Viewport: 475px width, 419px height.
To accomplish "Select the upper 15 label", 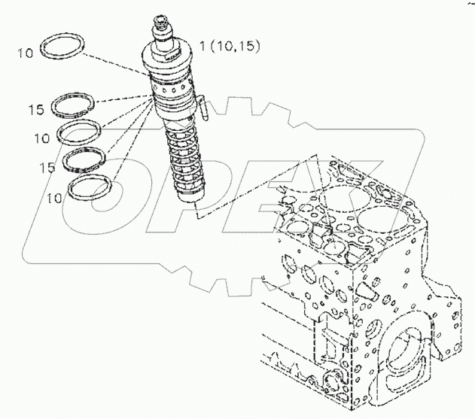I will (36, 111).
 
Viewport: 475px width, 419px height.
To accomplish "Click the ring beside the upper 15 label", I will (77, 106).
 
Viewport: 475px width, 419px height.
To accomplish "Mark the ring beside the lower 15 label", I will (84, 159).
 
